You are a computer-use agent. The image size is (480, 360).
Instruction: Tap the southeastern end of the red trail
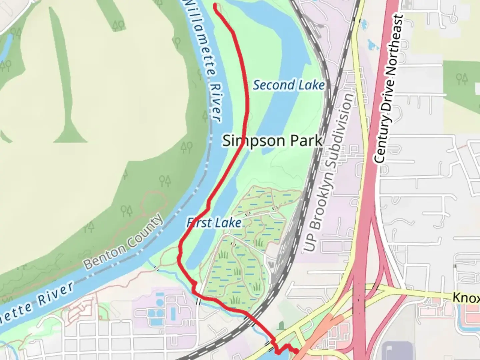[296, 351]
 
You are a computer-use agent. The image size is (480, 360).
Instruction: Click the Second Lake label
[289, 85]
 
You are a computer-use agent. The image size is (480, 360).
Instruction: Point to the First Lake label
[214, 223]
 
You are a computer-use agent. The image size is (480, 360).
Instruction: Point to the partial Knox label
[466, 297]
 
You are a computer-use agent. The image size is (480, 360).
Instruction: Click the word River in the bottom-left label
[55, 293]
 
